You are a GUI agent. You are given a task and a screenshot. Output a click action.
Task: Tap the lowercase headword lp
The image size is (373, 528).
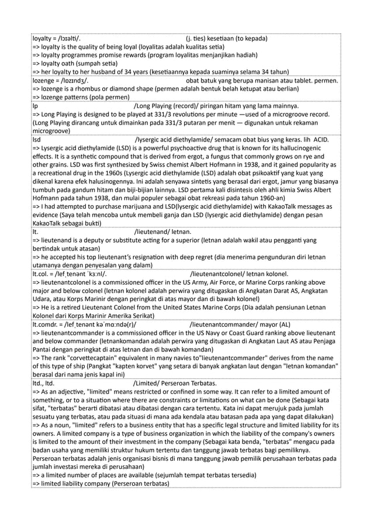pyautogui.click(x=35, y=106)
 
